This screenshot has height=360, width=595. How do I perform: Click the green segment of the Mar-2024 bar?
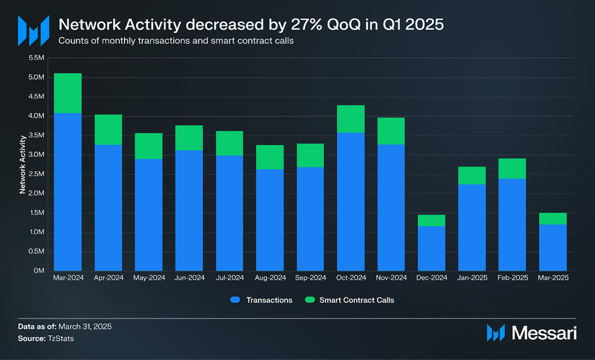click(68, 93)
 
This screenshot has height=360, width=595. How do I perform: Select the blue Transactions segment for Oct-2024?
click(350, 201)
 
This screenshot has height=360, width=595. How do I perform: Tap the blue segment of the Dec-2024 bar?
click(431, 248)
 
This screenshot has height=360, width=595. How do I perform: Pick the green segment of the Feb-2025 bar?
click(512, 168)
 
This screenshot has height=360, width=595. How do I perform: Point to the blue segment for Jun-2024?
click(189, 210)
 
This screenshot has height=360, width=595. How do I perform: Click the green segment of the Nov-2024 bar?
click(391, 131)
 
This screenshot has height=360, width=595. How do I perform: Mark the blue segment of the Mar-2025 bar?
click(553, 247)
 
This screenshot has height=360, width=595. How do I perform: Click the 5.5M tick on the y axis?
click(36, 57)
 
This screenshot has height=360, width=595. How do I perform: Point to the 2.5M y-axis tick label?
click(36, 174)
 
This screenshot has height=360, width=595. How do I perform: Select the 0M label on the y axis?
click(40, 271)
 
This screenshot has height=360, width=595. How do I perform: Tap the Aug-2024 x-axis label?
click(269, 279)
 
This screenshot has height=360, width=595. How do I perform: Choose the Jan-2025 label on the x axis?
click(472, 279)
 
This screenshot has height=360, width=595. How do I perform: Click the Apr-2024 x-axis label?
click(108, 279)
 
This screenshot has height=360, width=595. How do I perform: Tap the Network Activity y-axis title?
click(23, 164)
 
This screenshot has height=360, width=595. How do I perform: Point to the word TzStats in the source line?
click(67, 338)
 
